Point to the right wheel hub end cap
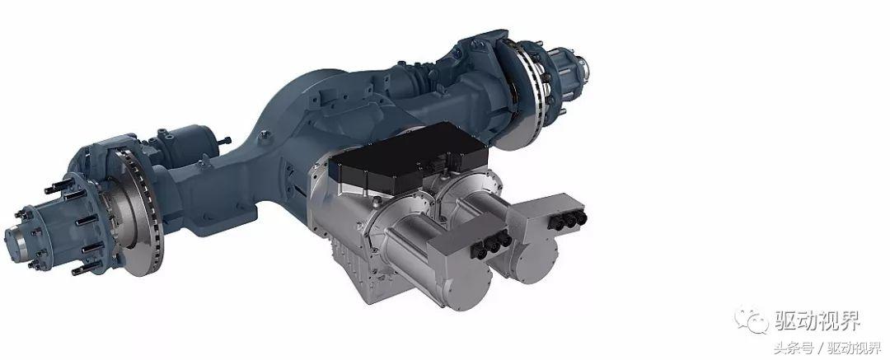pos(581,67)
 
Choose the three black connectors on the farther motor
pos(568,220)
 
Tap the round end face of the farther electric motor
pos(533,261)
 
